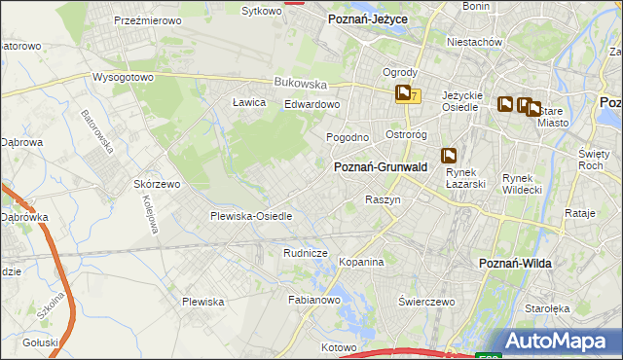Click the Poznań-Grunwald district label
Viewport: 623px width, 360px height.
point(381,167)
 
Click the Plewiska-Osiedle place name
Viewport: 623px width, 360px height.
point(251,216)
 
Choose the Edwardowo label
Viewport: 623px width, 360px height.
point(311,104)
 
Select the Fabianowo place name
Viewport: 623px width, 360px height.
point(312,300)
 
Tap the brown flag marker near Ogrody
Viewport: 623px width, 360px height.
point(403,93)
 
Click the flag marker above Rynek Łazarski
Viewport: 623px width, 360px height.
point(449,155)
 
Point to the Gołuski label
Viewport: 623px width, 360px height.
point(41,342)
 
